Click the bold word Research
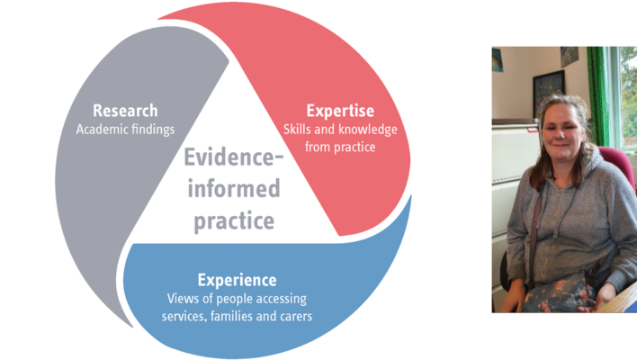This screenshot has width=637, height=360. pyautogui.click(x=125, y=111)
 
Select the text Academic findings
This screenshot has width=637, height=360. pyautogui.click(x=125, y=130)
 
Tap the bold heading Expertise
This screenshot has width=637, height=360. pyautogui.click(x=340, y=111)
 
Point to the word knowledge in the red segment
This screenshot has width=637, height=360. pyautogui.click(x=368, y=130)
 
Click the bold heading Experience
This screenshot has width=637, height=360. pyautogui.click(x=237, y=281)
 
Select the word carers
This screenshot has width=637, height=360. pyautogui.click(x=299, y=317)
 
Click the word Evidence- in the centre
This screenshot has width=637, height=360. pyautogui.click(x=234, y=157)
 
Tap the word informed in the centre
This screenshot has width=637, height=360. pyautogui.click(x=234, y=188)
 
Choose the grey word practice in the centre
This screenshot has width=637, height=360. pyautogui.click(x=234, y=221)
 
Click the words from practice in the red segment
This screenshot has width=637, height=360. pyautogui.click(x=340, y=147)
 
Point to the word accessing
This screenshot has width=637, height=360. pyautogui.click(x=282, y=299)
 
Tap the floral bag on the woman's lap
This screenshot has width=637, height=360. pyautogui.click(x=559, y=294)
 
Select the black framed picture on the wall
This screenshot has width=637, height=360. pyautogui.click(x=549, y=93)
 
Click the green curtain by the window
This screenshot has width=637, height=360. pyautogui.click(x=598, y=95)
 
